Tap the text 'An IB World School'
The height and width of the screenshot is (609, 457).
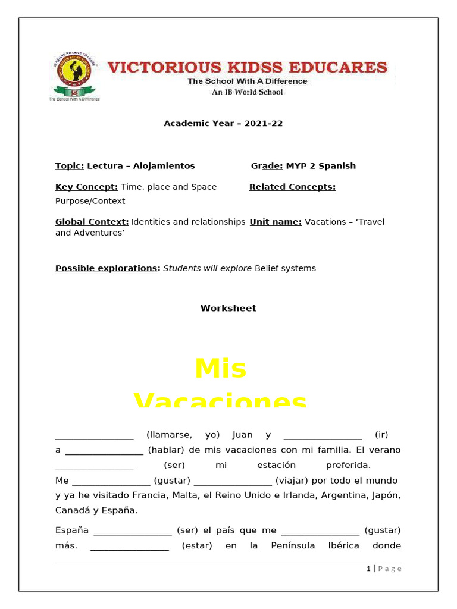click(x=248, y=92)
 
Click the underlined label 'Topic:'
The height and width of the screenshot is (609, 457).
click(x=70, y=166)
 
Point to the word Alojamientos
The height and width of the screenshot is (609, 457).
click(x=164, y=166)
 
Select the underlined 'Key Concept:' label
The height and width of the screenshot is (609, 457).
click(x=87, y=187)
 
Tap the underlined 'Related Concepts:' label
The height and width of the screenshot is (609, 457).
click(x=292, y=187)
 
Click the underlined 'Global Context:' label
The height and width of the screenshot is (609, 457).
click(x=92, y=222)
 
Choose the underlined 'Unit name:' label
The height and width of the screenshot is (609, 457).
click(x=276, y=222)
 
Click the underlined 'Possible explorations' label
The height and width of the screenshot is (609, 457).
click(x=107, y=268)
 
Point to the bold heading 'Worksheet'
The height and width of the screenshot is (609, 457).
click(x=228, y=308)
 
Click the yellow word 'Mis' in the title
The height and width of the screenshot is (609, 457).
click(x=220, y=369)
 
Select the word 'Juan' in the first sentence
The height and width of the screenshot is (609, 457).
click(x=243, y=435)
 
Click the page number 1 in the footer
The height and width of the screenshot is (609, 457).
click(x=368, y=569)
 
